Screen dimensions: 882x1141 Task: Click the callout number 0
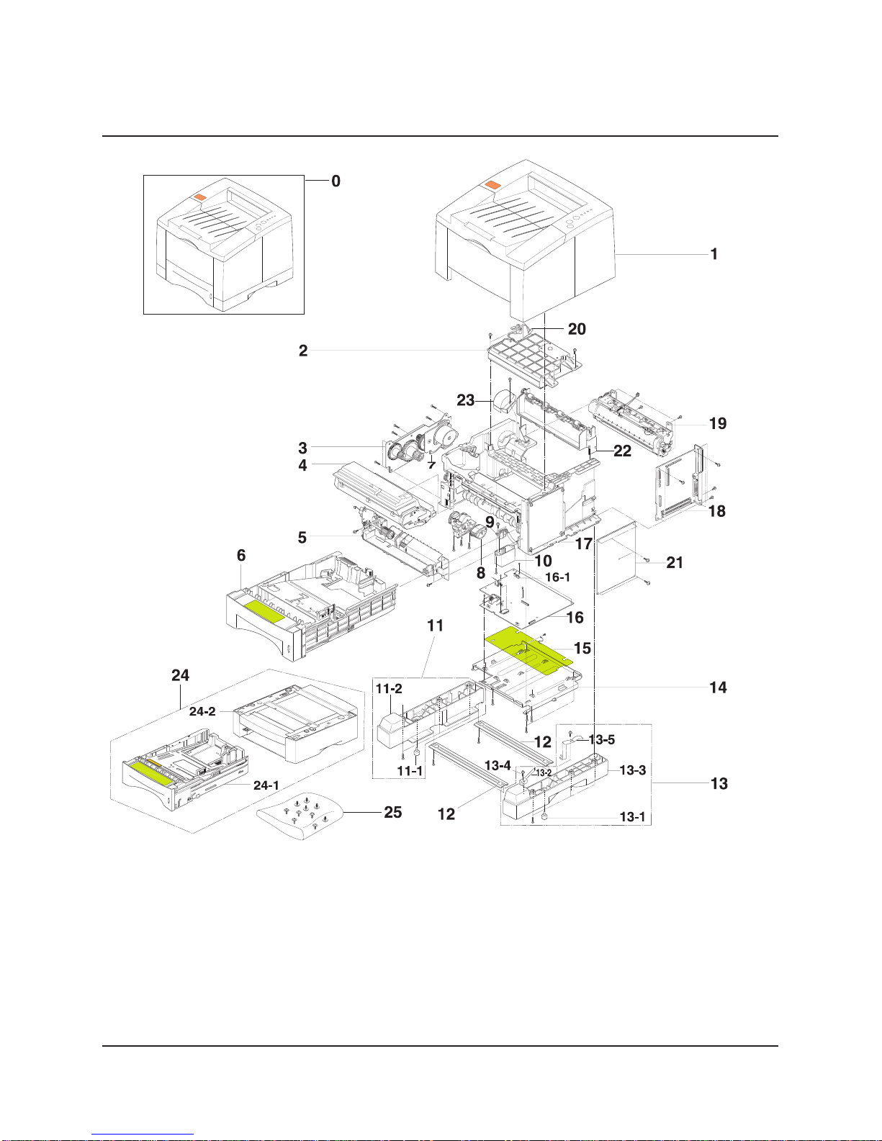pos(336,181)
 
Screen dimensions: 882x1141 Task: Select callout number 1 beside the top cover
pos(714,254)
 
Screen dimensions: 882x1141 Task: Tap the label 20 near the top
pos(577,329)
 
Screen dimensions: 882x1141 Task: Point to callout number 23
pos(466,401)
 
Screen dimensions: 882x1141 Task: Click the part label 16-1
pos(557,577)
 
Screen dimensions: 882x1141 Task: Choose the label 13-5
pos(602,740)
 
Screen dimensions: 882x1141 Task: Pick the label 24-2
pos(202,711)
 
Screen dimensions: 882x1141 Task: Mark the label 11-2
pos(389,688)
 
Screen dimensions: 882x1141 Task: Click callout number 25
pos(392,812)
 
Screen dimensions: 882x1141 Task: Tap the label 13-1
pos(632,817)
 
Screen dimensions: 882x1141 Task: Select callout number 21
pos(675,563)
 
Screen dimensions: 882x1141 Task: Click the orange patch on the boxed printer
pos(199,197)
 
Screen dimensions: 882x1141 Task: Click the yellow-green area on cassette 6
pos(265,612)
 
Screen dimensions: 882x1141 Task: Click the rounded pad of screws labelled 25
pos(300,816)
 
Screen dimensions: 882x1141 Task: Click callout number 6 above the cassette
pos(241,556)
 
